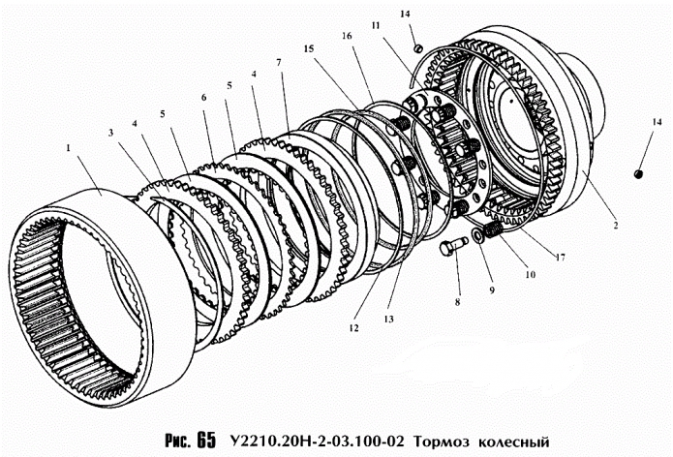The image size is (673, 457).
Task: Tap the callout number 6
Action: point(204,99)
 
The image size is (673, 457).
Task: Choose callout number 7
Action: point(279,63)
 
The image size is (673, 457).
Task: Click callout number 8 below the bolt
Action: point(459,302)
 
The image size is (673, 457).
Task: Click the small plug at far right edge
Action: point(639,173)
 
